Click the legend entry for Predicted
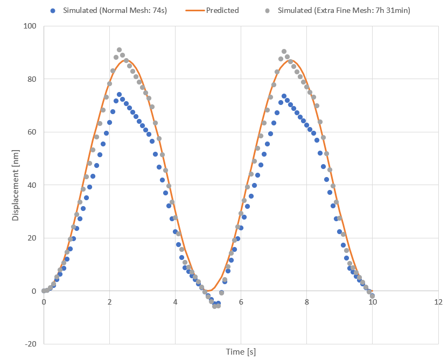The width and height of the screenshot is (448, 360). pos(222,10)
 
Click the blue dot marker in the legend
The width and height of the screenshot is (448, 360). pos(52,10)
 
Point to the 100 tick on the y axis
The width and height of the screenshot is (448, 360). pos(30,26)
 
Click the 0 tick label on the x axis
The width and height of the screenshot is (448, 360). pos(44,301)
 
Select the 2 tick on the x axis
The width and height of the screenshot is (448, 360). pos(109,301)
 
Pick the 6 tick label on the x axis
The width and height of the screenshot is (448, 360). pos(241,301)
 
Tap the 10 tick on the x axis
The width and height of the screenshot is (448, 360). pos(372,301)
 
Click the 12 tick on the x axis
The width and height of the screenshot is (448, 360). pos(438,301)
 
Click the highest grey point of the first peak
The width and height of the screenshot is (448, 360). pos(119,50)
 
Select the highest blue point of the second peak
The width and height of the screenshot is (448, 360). pos(284,96)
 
